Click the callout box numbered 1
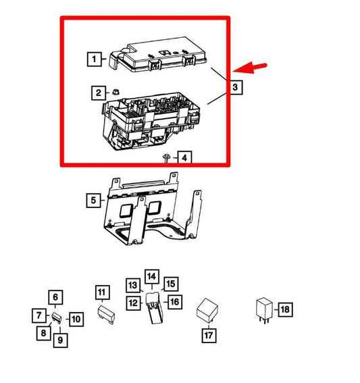point(95,59)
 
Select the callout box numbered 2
point(99,93)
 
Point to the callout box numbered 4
point(184,157)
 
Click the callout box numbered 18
point(284,310)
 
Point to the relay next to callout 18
point(263,309)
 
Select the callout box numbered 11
point(101,292)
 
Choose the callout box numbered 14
point(151,277)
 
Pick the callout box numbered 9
point(60,340)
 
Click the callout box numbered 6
point(55,297)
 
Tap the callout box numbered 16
point(174,301)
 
